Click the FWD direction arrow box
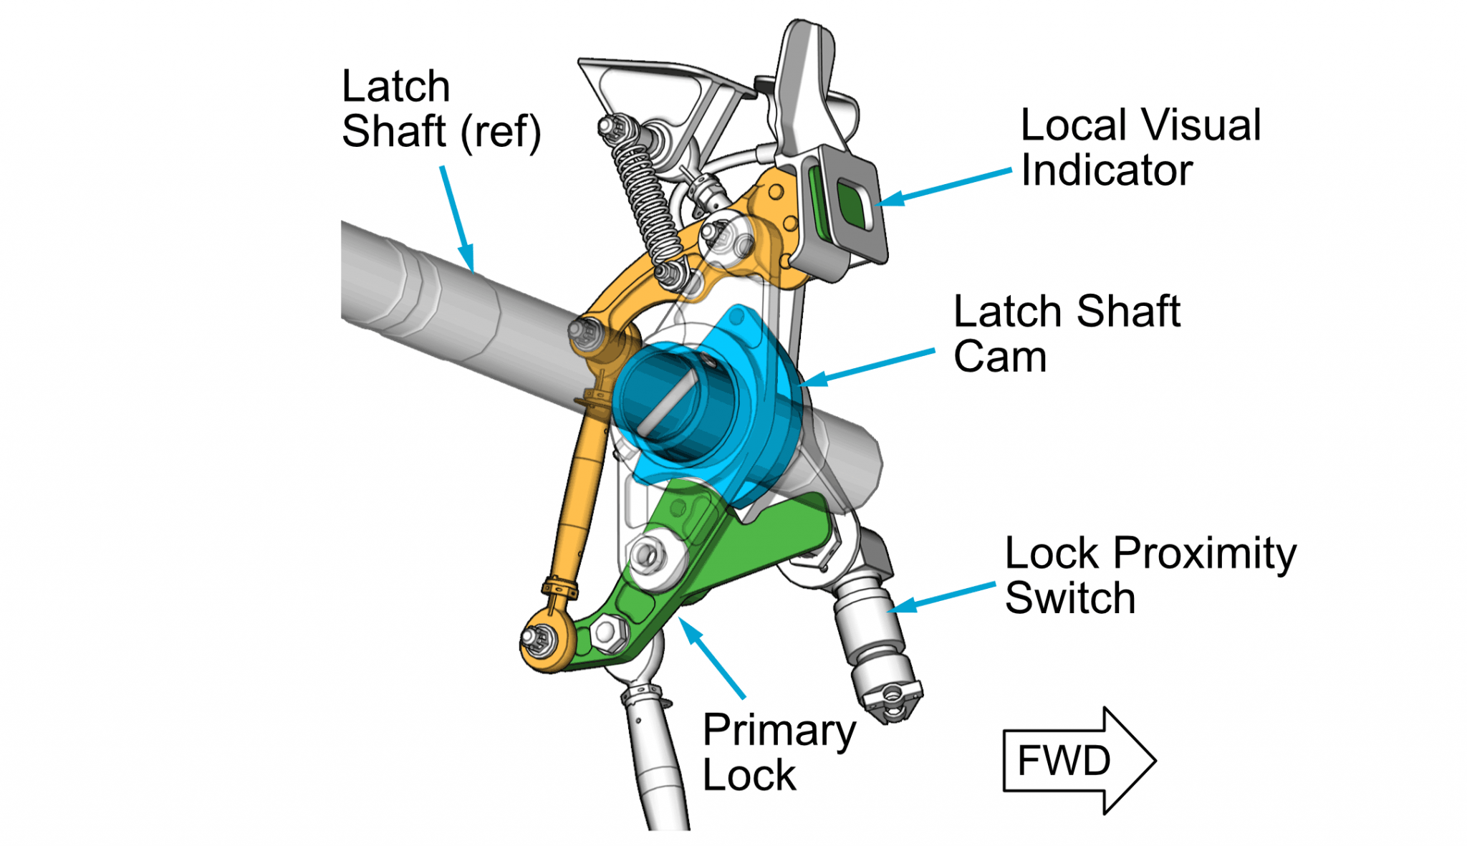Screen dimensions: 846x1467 [1074, 761]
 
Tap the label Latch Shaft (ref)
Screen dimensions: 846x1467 [440, 109]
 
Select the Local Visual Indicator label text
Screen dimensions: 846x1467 [1139, 148]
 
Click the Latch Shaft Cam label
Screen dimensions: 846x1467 [1066, 334]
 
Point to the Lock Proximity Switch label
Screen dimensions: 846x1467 [1149, 575]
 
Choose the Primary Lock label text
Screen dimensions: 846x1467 [778, 752]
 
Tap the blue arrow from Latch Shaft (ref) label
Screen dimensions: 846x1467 [457, 218]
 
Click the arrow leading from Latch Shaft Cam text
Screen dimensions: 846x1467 [867, 367]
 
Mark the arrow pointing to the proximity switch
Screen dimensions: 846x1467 [942, 597]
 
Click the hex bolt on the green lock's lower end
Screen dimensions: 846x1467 [607, 633]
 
